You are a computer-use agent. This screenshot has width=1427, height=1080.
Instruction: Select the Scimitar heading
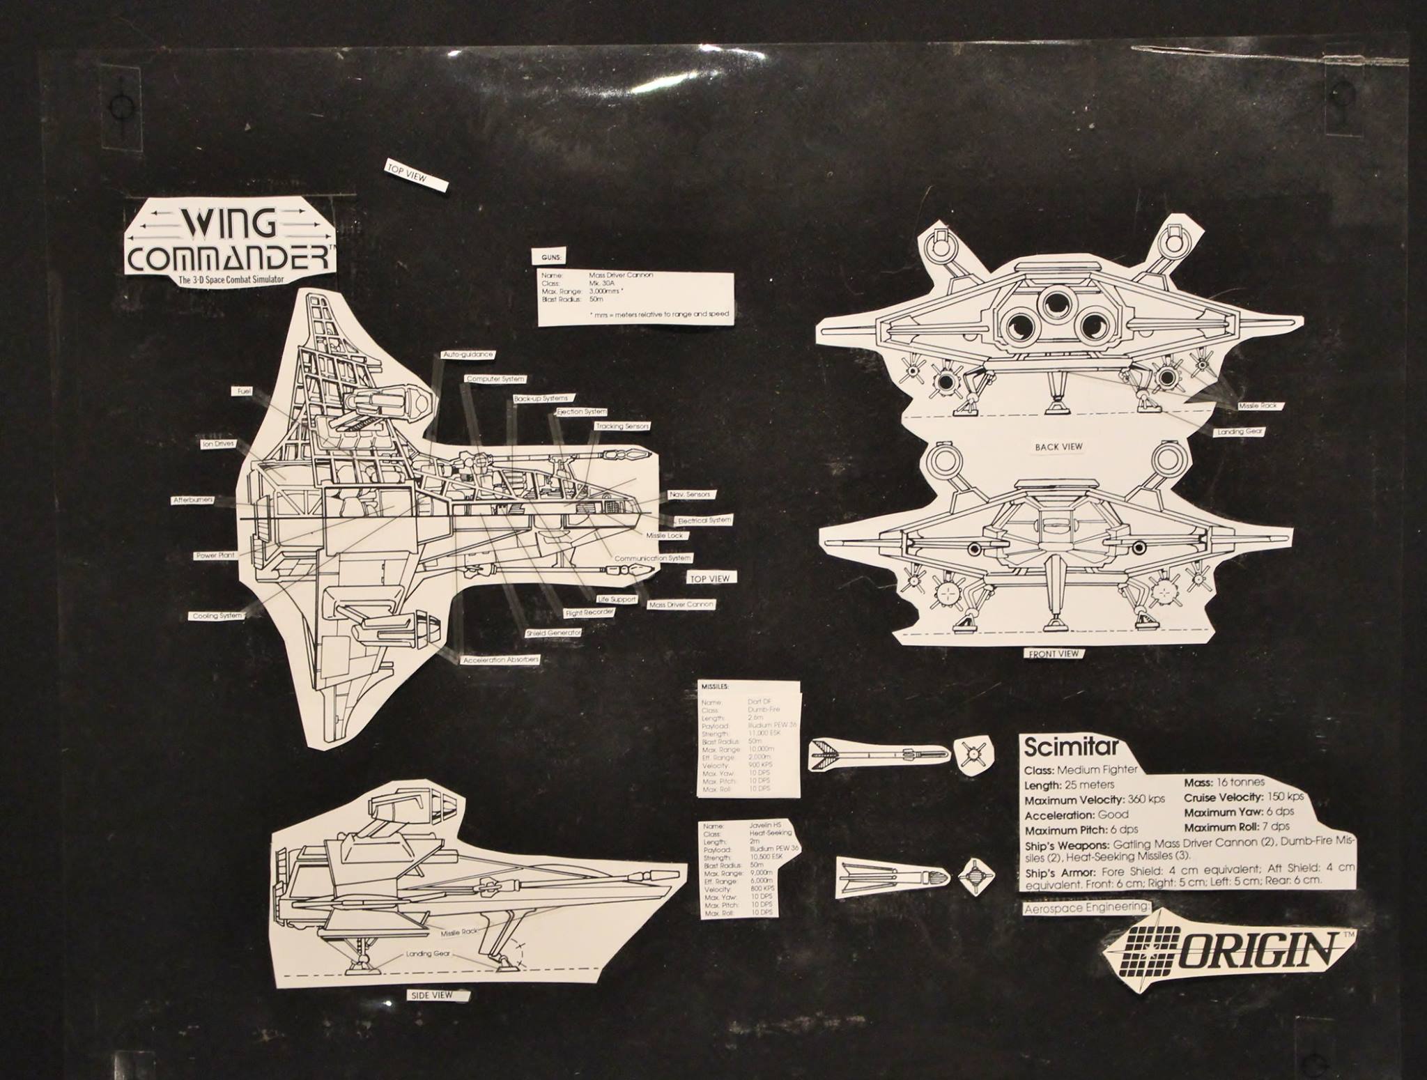[x=1072, y=748]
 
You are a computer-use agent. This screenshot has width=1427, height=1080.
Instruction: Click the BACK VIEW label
[x=1058, y=447]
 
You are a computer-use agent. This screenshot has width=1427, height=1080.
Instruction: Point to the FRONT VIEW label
[x=1053, y=654]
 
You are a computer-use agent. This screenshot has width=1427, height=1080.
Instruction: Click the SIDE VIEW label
[x=432, y=995]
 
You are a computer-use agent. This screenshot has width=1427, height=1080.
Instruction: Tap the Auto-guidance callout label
[x=468, y=355]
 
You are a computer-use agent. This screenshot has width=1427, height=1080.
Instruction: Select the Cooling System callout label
[x=217, y=616]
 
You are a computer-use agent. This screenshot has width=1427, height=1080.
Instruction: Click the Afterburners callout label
[x=193, y=500]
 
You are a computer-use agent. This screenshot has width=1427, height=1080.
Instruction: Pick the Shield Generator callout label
[x=554, y=633]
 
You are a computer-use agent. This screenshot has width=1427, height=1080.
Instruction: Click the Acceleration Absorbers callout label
[x=501, y=658]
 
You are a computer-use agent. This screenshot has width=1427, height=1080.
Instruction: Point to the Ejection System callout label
[x=581, y=412]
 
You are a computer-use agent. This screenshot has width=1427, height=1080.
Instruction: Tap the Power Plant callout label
[x=215, y=555]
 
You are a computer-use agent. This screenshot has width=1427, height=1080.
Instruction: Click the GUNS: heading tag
[x=550, y=258]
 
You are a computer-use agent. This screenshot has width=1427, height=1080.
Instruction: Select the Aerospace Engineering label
[x=1086, y=908]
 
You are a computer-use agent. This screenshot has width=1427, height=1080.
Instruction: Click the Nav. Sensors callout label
[x=689, y=494]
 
